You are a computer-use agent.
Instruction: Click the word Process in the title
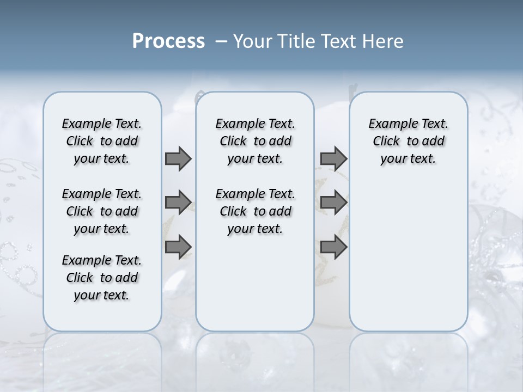click(x=168, y=41)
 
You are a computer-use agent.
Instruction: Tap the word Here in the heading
click(x=383, y=41)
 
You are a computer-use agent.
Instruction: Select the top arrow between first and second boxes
click(x=178, y=158)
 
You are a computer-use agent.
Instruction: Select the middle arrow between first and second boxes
click(x=178, y=203)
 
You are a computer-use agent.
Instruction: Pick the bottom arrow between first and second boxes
click(x=178, y=247)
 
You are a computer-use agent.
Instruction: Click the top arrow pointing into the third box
click(x=333, y=158)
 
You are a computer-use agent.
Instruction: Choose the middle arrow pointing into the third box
click(x=333, y=203)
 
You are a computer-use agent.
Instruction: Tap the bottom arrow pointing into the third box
click(x=333, y=247)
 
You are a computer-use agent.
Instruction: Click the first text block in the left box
click(x=102, y=141)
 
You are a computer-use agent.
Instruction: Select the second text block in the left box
click(x=102, y=211)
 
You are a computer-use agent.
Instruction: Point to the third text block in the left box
click(x=102, y=278)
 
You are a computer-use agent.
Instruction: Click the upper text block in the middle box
click(x=255, y=141)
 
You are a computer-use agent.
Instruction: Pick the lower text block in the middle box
click(x=255, y=211)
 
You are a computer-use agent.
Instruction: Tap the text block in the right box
click(x=408, y=141)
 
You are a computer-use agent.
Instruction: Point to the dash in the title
click(x=221, y=41)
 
